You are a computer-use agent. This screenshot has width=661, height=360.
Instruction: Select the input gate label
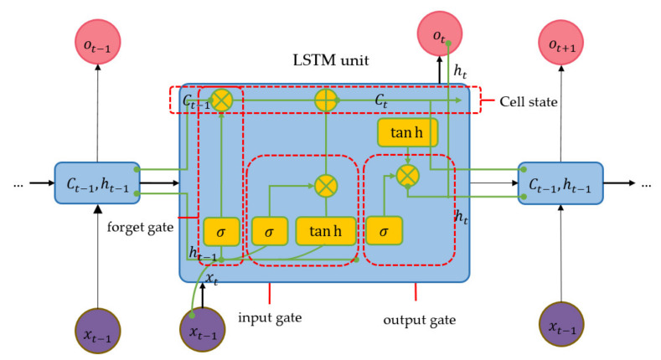coord(269,318)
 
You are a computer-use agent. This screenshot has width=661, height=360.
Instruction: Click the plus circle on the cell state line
coord(326,100)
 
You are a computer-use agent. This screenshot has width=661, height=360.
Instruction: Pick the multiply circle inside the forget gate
coord(221,100)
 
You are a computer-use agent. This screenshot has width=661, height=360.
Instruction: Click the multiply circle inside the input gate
coord(326,185)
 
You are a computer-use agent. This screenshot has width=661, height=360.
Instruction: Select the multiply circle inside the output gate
coord(407,175)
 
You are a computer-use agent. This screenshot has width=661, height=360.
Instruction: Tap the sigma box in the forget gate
coord(221,230)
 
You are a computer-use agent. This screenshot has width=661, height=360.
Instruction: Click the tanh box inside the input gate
coord(326,230)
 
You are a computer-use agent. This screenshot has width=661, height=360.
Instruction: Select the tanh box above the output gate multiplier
coord(407,131)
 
